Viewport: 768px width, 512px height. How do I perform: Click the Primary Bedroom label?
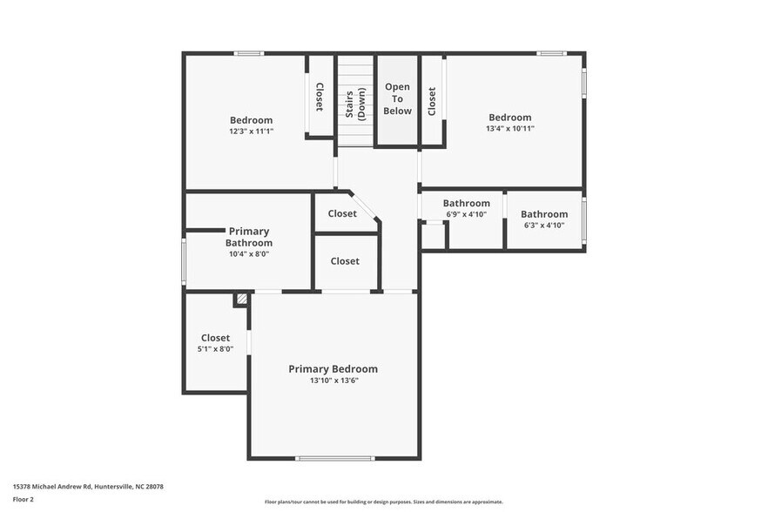pyautogui.click(x=333, y=368)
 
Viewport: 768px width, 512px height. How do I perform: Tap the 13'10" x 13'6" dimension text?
pyautogui.click(x=333, y=381)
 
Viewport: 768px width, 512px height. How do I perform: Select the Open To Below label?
pyautogui.click(x=398, y=98)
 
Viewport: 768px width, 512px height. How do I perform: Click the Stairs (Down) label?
pyautogui.click(x=354, y=103)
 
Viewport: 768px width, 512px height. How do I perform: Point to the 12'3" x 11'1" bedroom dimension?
pyautogui.click(x=251, y=131)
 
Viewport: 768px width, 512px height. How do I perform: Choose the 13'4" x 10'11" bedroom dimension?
pyautogui.click(x=509, y=129)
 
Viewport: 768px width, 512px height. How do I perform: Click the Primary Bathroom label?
pyautogui.click(x=249, y=237)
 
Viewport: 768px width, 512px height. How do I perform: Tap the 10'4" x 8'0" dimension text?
pyautogui.click(x=249, y=254)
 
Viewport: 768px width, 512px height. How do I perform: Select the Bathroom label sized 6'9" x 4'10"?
pyautogui.click(x=466, y=204)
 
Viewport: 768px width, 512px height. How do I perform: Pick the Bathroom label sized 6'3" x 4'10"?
pyautogui.click(x=543, y=214)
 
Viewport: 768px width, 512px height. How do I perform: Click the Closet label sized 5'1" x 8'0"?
pyautogui.click(x=215, y=338)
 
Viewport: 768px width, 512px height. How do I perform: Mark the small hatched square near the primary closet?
pyautogui.click(x=241, y=299)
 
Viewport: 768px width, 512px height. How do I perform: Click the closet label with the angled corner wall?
pyautogui.click(x=342, y=213)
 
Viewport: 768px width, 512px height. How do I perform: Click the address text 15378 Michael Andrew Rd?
pyautogui.click(x=88, y=487)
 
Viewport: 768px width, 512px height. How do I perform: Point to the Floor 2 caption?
pyautogui.click(x=24, y=499)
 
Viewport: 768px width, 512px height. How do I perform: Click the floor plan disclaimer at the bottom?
pyautogui.click(x=383, y=502)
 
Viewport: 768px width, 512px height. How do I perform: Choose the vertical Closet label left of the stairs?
pyautogui.click(x=320, y=97)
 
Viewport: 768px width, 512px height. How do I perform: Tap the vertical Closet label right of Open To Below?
pyautogui.click(x=432, y=100)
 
